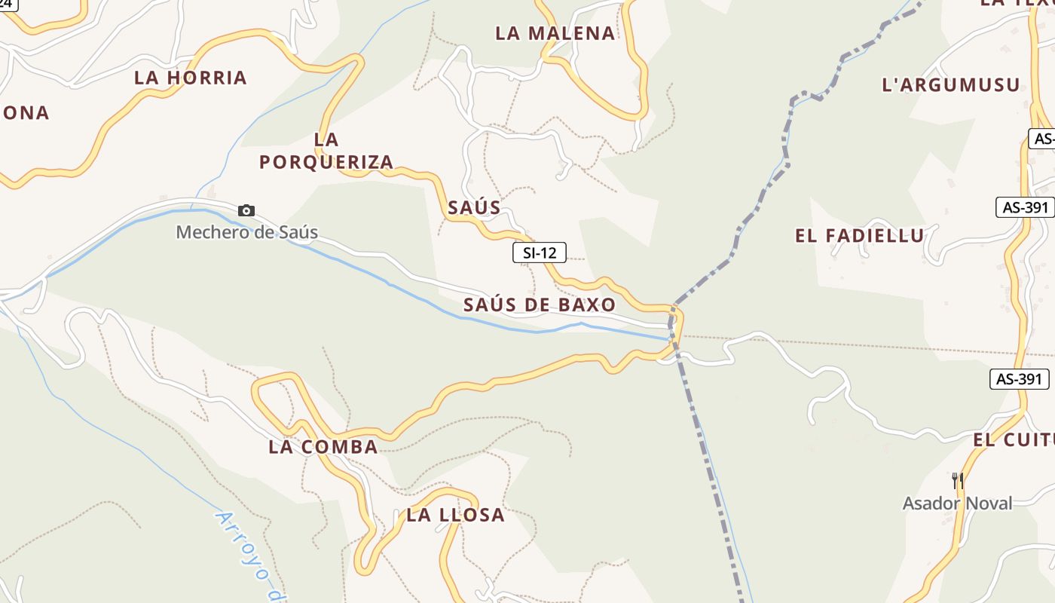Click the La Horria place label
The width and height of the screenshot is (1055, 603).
(191, 78)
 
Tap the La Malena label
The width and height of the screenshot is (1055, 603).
(555, 33)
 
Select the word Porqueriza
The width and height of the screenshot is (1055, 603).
(326, 162)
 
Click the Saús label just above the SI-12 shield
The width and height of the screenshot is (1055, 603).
(474, 208)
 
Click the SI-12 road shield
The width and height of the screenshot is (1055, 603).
(540, 253)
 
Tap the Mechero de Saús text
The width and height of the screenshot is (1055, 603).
(247, 232)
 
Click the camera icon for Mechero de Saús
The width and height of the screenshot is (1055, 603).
(246, 211)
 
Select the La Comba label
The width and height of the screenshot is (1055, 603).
(323, 447)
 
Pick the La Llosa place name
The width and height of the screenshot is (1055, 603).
(455, 516)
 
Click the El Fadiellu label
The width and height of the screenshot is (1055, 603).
(860, 236)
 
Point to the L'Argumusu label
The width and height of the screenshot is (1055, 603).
(951, 85)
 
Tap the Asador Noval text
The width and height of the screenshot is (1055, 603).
(958, 503)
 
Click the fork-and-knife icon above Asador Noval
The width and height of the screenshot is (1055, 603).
(958, 480)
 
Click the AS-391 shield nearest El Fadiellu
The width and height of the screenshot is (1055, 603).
(1025, 207)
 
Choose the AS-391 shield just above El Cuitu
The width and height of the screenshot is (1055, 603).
(1020, 379)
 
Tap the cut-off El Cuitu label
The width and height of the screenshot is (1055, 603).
(1014, 440)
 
